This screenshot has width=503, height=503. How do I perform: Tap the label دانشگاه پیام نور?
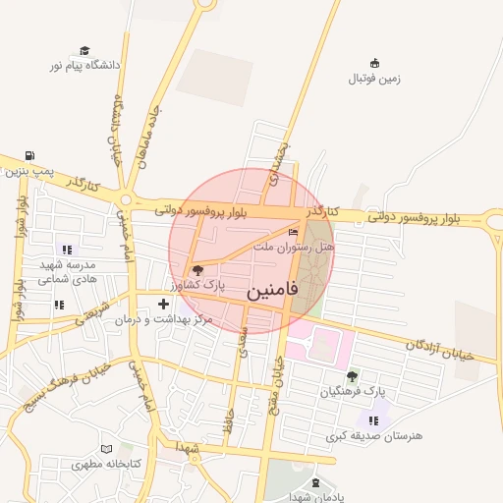pyautogui.click(x=85, y=65)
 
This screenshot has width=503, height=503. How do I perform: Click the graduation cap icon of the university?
pyautogui.click(x=84, y=50)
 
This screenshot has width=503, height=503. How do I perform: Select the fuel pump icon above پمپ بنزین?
pyautogui.click(x=30, y=155)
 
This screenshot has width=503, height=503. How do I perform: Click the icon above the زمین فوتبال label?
pyautogui.click(x=373, y=63)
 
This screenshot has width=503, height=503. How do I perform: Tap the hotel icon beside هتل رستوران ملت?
pyautogui.click(x=293, y=233)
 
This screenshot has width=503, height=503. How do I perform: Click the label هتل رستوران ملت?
pyautogui.click(x=295, y=248)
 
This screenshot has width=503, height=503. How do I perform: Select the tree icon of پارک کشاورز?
pyautogui.click(x=197, y=269)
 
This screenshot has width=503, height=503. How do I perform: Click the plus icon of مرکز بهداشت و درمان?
pyautogui.click(x=163, y=304)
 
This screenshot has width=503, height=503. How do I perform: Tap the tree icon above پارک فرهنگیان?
pyautogui.click(x=352, y=376)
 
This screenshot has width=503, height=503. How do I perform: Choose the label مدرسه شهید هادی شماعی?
pyautogui.click(x=66, y=272)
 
